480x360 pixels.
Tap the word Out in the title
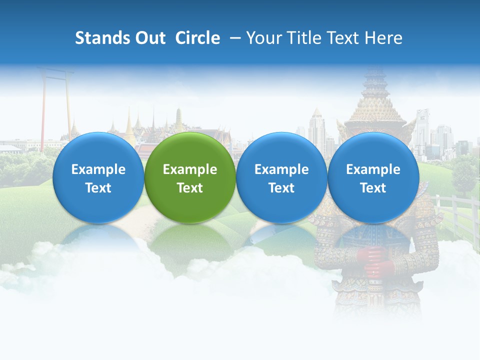[148, 38]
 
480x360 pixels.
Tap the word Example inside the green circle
[190, 169]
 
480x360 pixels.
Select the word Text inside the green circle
[190, 188]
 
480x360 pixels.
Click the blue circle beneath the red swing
[98, 177]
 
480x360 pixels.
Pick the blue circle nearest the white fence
[373, 177]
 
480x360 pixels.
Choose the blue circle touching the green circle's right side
[281, 177]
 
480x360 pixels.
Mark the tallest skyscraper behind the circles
[316, 127]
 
